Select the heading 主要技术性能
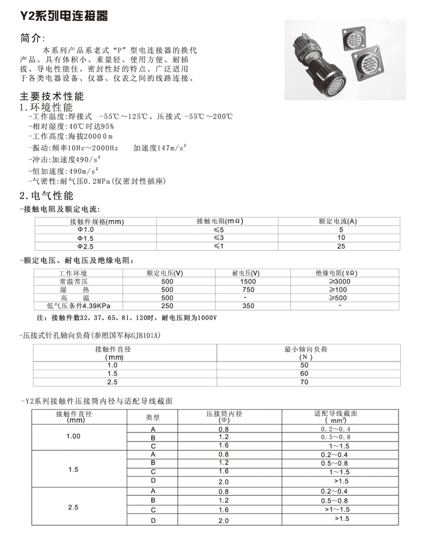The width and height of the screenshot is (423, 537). click(52, 96)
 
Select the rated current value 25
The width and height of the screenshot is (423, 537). click(341, 246)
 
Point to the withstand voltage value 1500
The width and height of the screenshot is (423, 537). click(248, 281)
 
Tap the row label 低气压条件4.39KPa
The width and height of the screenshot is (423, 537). click(78, 305)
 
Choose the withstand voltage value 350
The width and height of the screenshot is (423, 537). click(248, 305)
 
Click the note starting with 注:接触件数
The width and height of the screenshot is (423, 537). click(127, 317)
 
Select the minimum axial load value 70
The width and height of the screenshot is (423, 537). click(305, 382)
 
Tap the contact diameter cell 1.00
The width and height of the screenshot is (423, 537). click(73, 437)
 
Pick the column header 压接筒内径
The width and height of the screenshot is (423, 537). click(223, 414)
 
